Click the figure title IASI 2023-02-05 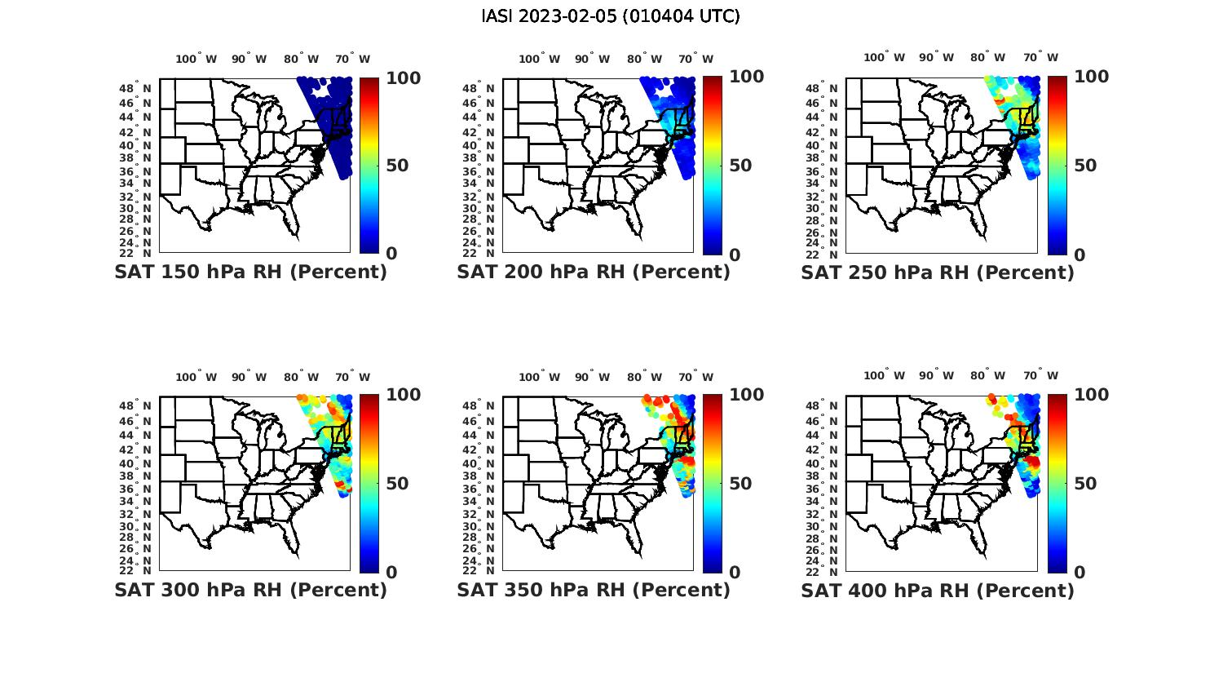point(611,16)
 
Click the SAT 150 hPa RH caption point(250,272)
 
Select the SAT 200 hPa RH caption point(594,272)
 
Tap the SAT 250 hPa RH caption point(938,272)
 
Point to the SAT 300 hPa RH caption point(250,590)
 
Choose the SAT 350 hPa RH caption point(594,590)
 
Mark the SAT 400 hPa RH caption point(938,590)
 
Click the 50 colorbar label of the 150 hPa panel point(397,166)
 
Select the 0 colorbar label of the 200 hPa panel point(735,255)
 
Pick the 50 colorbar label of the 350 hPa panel point(740,484)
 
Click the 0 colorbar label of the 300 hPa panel point(391,573)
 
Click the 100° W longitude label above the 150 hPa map point(196,59)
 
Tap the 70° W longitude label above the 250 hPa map point(1041,57)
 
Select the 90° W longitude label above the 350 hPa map point(592,377)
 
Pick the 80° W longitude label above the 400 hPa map point(987,375)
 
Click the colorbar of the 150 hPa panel point(369,165)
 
